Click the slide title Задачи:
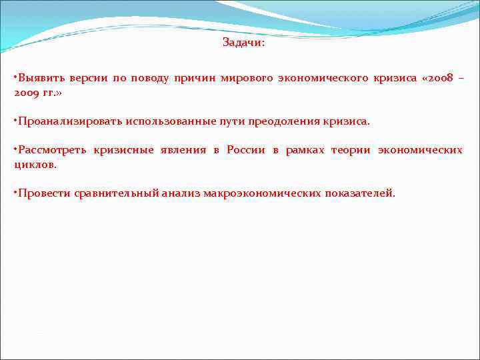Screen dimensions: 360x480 [243, 43]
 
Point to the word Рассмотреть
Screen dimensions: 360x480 [52, 150]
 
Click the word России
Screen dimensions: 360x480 [246, 150]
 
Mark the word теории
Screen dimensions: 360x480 [351, 150]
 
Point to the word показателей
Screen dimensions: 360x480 [360, 193]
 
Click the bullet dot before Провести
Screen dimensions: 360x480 [15, 192]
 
